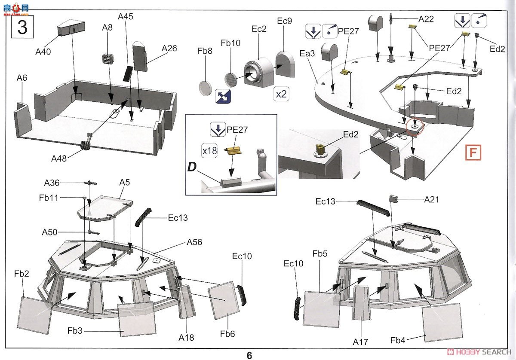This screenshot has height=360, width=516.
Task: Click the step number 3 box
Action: (x=22, y=27)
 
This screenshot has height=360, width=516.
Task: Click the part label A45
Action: (x=126, y=17)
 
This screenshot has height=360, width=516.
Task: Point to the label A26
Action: (x=169, y=49)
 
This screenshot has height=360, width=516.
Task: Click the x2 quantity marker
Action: (x=281, y=94)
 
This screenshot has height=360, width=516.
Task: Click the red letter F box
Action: (x=473, y=153)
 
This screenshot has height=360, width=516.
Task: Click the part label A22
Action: (x=426, y=19)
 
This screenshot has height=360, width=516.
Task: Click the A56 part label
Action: (x=194, y=242)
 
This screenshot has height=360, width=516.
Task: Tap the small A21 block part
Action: (x=395, y=198)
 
